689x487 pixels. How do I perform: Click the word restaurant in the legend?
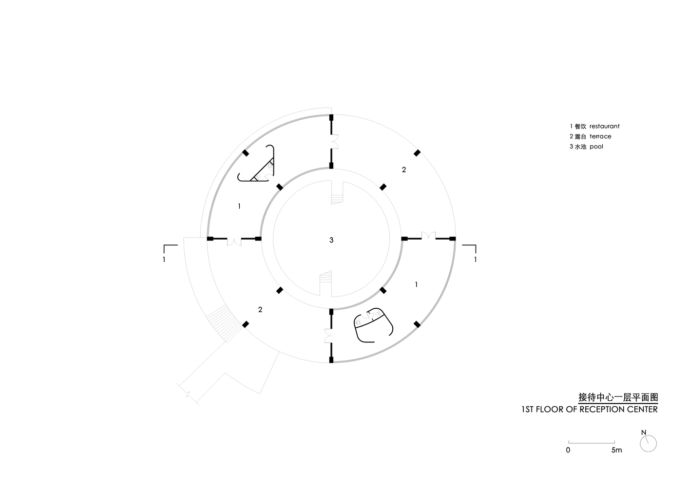click(604, 126)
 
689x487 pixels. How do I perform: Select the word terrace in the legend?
click(600, 136)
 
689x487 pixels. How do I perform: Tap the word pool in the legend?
click(596, 147)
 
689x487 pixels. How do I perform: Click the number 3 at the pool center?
click(331, 240)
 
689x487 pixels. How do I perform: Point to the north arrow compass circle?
click(648, 443)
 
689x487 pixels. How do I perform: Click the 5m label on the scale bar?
click(616, 450)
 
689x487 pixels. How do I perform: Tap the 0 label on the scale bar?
click(568, 450)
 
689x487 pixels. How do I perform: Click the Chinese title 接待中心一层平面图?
click(618, 397)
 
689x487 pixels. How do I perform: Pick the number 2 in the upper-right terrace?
click(404, 169)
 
